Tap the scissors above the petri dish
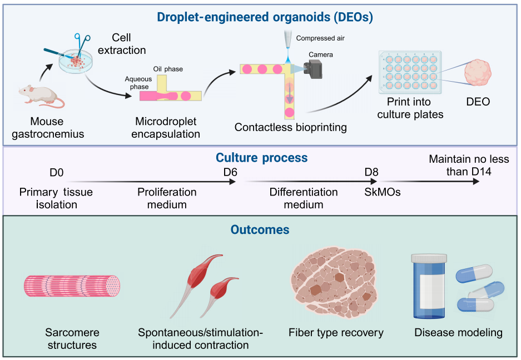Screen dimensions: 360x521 83,42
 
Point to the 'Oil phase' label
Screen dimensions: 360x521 168,69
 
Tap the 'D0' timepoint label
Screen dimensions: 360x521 56,173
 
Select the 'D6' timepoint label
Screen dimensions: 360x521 231,173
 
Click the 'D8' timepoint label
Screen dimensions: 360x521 372,173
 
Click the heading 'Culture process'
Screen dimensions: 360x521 261,158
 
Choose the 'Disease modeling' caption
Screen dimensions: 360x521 458,333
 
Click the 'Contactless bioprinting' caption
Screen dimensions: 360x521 290,127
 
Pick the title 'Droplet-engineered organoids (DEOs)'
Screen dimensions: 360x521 265,17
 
